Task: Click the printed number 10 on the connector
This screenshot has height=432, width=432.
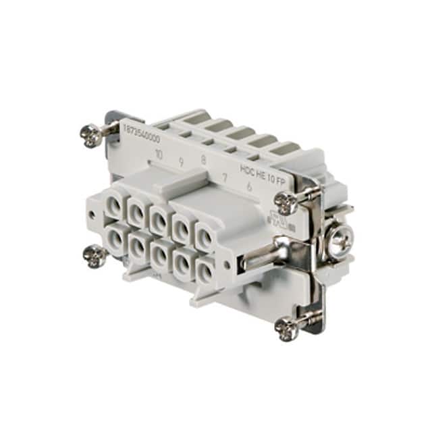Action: coord(159,155)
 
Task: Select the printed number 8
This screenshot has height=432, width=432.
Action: coord(203,160)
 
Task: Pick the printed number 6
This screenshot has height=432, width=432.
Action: coord(250,186)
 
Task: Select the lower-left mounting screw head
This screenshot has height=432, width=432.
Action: coord(93,255)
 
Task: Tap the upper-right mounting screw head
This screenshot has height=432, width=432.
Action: coord(286,200)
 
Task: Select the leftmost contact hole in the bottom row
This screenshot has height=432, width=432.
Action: coord(113,240)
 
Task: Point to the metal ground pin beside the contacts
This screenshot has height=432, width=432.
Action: coord(263,259)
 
